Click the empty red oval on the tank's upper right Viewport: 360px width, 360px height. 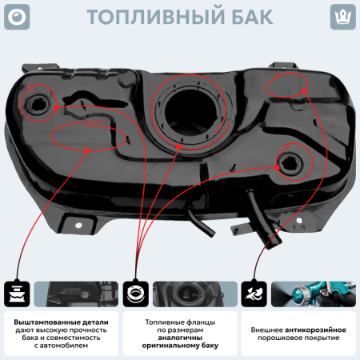tap(286, 84)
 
